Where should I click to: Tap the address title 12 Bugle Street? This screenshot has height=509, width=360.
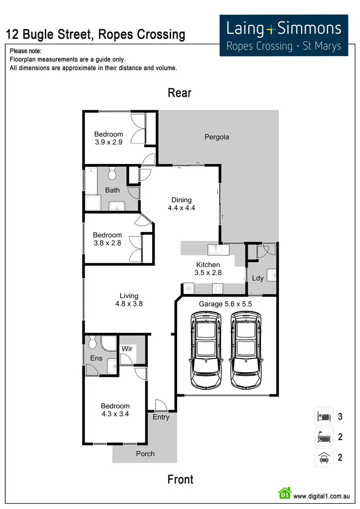pos(95,35)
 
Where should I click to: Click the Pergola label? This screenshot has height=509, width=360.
pos(217,137)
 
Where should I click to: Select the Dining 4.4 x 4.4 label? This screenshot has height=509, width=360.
pos(181,204)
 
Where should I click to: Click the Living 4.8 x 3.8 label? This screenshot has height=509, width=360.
pos(129,300)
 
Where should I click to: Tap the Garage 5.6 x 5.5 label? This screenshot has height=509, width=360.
pos(225,304)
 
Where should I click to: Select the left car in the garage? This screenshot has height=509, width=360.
pos(206,350)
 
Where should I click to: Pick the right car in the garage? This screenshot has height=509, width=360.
pos(247,350)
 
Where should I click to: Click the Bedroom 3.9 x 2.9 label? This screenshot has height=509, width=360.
pos(108,138)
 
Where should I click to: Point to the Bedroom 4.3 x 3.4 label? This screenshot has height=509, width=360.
pos(115,410)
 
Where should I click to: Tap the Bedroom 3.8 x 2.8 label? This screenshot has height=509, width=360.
pos(107,239)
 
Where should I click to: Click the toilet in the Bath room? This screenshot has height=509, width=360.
pos(112,172)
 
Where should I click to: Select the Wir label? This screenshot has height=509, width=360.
pos(127,349)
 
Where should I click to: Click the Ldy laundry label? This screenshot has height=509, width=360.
pos(258,278)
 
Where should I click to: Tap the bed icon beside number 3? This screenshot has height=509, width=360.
pos(324,416)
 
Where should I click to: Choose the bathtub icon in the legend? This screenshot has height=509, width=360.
pos(324,437)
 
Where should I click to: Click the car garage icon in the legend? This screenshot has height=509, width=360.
pos(324,457)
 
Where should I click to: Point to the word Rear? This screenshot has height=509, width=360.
pos(180,93)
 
